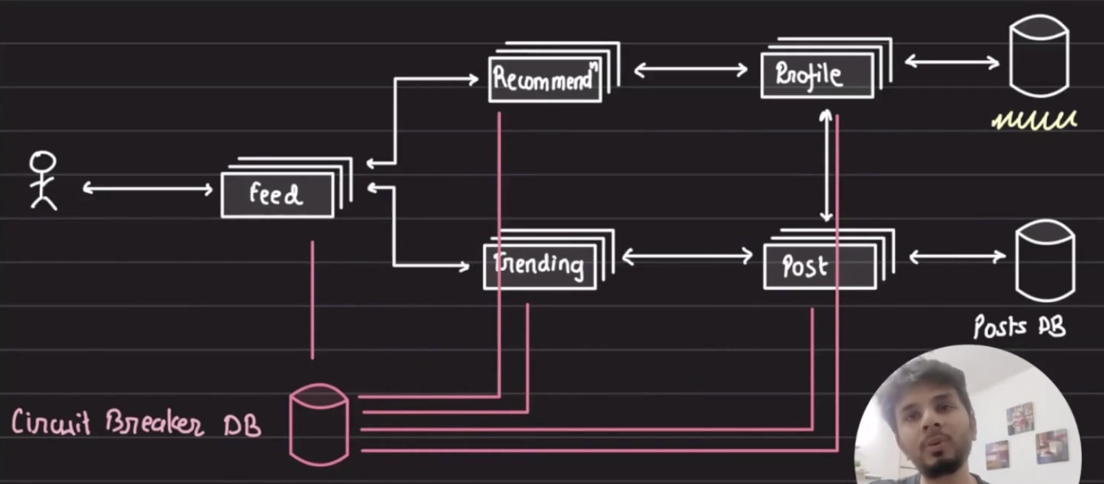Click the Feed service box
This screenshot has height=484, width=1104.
(x=277, y=195)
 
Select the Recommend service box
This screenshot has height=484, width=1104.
(x=544, y=80)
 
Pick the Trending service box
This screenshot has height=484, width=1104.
(x=540, y=265)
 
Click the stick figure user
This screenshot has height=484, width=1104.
(x=43, y=180)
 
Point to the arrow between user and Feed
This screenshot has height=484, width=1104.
(x=147, y=188)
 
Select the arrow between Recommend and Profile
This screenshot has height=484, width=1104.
(x=690, y=69)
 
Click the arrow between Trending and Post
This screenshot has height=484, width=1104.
(x=687, y=257)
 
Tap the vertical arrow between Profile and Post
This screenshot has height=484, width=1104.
(x=826, y=165)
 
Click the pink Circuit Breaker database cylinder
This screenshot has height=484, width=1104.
(x=319, y=425)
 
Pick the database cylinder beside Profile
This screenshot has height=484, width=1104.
(x=1039, y=56)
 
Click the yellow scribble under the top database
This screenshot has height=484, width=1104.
(x=1034, y=121)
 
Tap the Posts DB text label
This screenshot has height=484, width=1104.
(x=1019, y=327)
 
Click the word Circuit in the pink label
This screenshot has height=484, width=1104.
(x=50, y=422)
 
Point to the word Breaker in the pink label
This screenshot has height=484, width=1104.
(x=154, y=422)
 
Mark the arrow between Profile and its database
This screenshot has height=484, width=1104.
(x=951, y=62)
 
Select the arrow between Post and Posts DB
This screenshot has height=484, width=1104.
(x=957, y=257)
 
